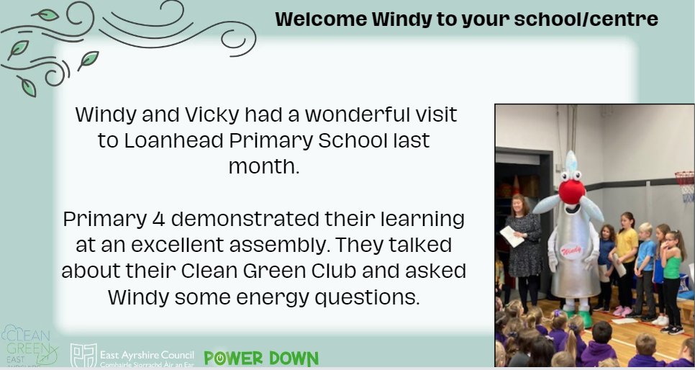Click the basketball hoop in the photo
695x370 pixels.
[x=684, y=184]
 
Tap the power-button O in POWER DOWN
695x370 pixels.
[x=224, y=358]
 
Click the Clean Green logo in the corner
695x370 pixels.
[x=30, y=346]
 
